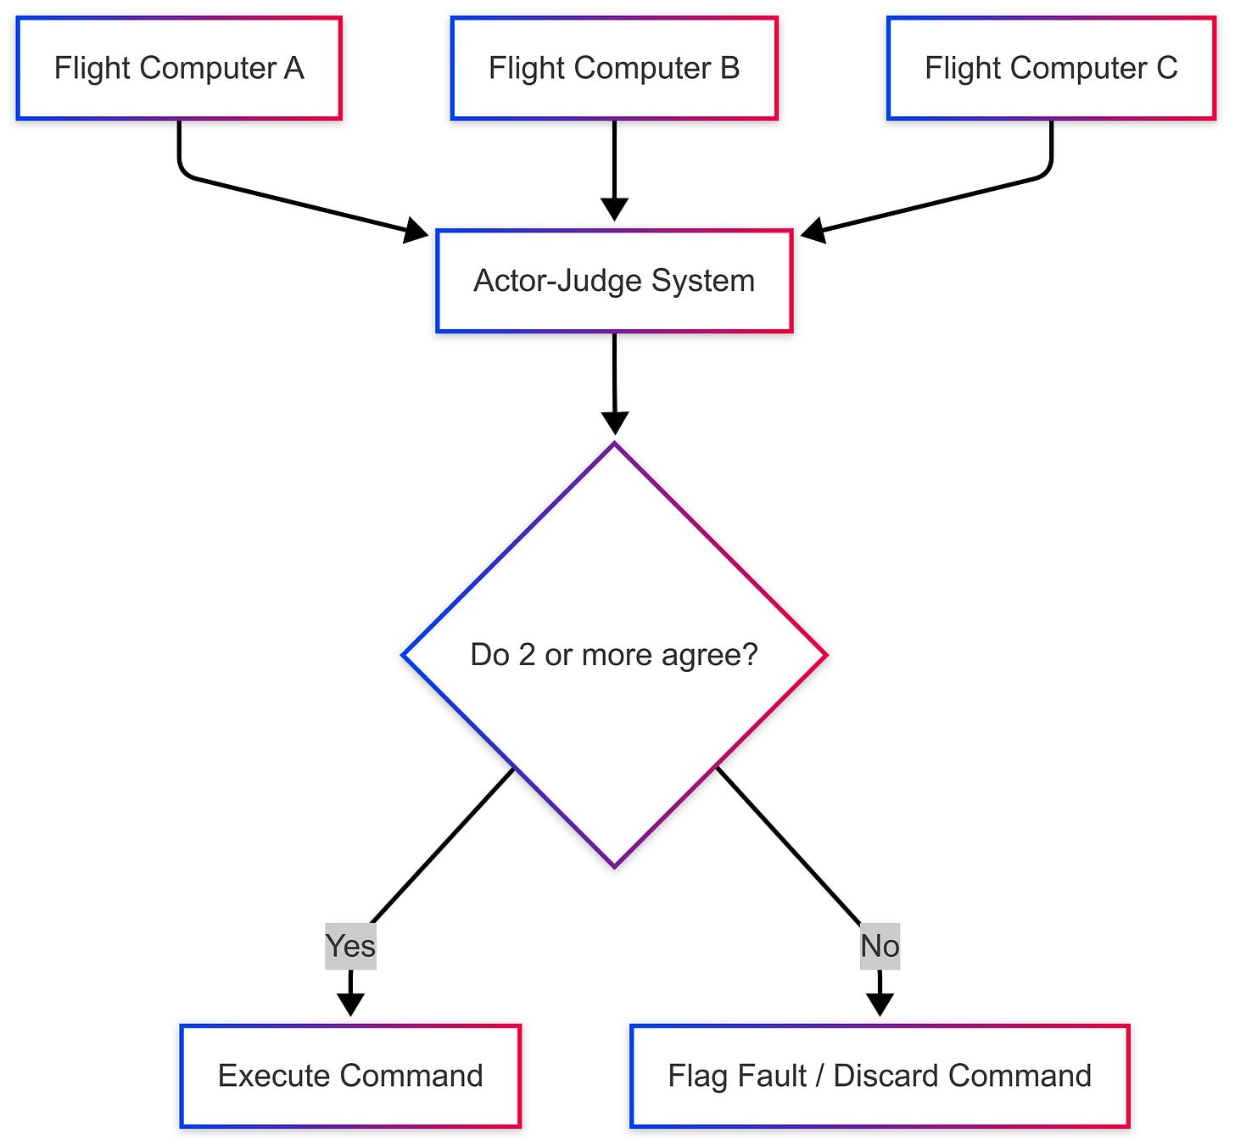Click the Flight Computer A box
pos(179,68)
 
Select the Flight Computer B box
pos(614,68)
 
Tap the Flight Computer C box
pos(1051,68)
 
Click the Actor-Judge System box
pos(614,281)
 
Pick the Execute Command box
pos(350,1076)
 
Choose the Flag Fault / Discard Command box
pos(880,1076)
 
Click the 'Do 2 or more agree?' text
pos(614,655)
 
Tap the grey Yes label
pos(350,946)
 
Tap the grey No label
pos(880,946)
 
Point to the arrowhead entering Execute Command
pos(350,1005)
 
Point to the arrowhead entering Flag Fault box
pos(880,1005)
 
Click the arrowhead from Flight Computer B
pos(614,210)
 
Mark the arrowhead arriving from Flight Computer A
pos(416,229)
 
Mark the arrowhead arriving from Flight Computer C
pos(813,229)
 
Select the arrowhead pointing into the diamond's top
pos(614,423)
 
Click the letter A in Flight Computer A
pos(293,68)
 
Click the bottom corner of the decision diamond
pos(614,865)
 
